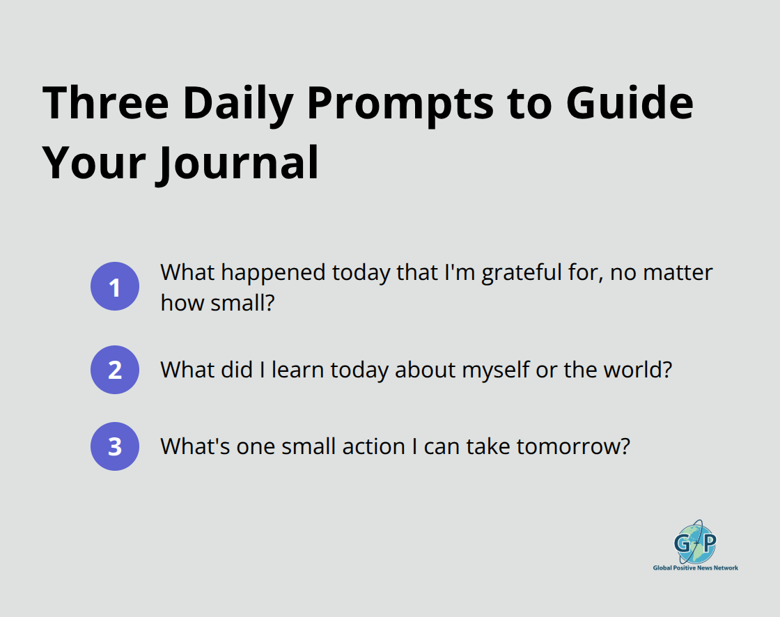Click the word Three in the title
click(x=105, y=103)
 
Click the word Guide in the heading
click(x=630, y=103)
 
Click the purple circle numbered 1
click(x=115, y=286)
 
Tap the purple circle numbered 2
click(x=115, y=369)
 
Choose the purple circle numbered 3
click(x=115, y=446)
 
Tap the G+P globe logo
click(x=695, y=542)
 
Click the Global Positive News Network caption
click(x=695, y=568)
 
